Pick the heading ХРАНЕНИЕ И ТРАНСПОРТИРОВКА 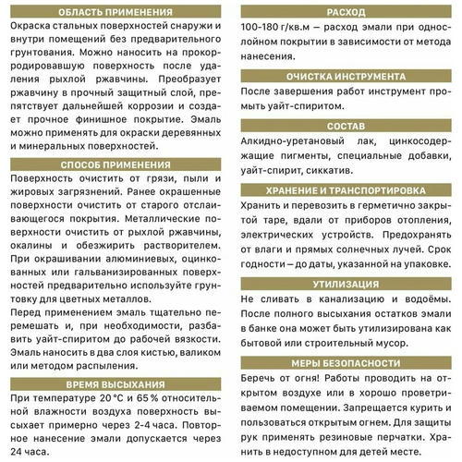point(346,188)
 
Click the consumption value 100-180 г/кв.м point(279,29)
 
